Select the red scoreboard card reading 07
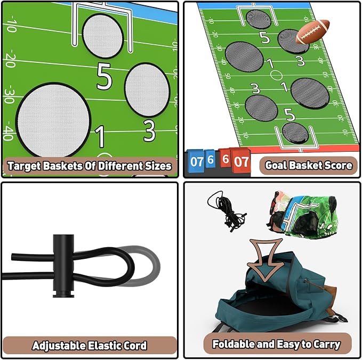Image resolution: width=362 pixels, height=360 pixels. [241, 161]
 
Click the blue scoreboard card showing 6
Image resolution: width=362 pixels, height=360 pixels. [211, 159]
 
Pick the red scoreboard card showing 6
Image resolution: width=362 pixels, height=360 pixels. [226, 159]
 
